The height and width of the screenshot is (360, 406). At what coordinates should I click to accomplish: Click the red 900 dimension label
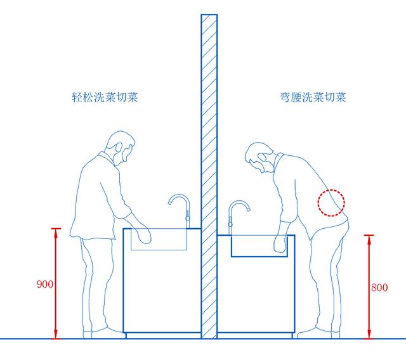click(45, 284)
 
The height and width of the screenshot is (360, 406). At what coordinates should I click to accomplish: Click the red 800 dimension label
click(379, 287)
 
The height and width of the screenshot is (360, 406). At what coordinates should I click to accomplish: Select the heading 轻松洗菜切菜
click(105, 97)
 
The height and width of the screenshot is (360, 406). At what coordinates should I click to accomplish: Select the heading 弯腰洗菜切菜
click(313, 97)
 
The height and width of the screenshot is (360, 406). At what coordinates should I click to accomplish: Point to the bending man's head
click(259, 157)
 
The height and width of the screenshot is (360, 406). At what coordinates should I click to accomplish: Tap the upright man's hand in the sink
click(144, 234)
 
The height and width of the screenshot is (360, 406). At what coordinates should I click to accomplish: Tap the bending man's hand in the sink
click(280, 243)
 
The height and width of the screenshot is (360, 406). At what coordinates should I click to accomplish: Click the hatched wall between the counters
click(209, 176)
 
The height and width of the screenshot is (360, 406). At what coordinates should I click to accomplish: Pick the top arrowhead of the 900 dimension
click(56, 233)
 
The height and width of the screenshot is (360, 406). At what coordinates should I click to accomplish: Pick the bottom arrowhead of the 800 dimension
click(369, 333)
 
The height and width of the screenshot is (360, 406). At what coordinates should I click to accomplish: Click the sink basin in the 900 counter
click(159, 239)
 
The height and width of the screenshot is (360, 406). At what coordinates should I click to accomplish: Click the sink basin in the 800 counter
click(259, 246)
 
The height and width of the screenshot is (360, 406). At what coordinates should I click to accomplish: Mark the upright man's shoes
click(103, 333)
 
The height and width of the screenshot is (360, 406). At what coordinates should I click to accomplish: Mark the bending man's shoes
click(318, 333)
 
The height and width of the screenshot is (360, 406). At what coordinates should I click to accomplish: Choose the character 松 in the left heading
click(88, 97)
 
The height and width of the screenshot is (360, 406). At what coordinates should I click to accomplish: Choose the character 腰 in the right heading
click(296, 97)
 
